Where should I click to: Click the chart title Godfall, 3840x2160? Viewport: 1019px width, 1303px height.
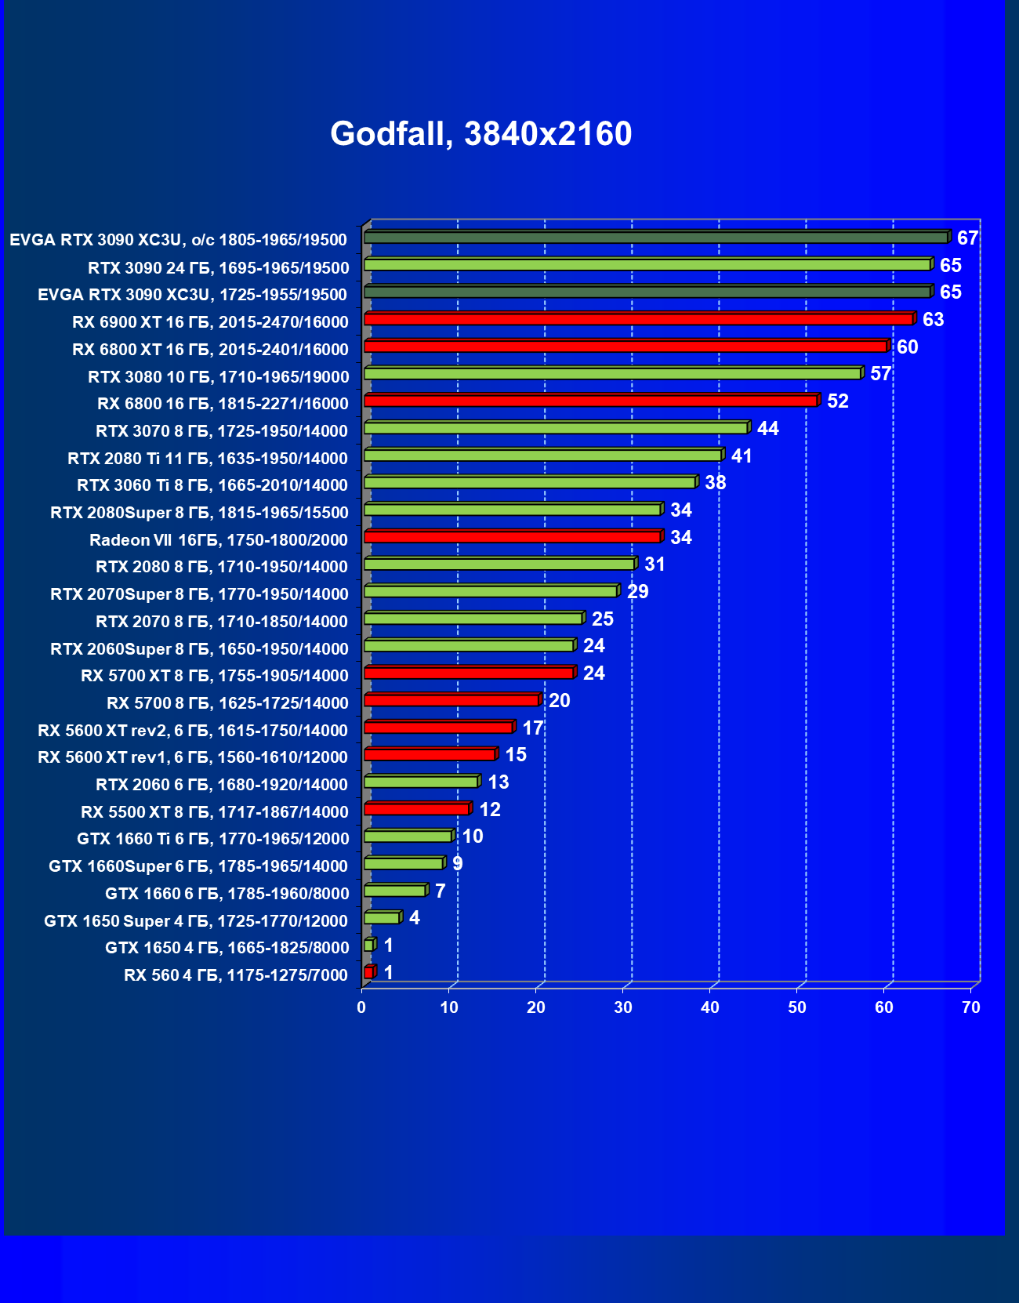tap(480, 134)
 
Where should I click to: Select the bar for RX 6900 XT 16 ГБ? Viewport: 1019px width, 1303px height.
tap(639, 319)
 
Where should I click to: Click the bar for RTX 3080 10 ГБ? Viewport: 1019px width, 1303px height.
tap(613, 373)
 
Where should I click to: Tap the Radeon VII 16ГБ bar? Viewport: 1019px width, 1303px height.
tap(513, 537)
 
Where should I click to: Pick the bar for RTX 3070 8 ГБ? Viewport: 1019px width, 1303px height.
tap(557, 428)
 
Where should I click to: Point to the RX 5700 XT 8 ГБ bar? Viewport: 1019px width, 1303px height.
tap(469, 673)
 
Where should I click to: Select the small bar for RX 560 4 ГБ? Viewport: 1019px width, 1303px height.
tap(369, 972)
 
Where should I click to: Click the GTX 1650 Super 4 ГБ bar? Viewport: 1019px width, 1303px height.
tap(383, 918)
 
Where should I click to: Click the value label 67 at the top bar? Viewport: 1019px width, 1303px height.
tap(967, 238)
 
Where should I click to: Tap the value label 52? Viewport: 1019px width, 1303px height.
tap(837, 401)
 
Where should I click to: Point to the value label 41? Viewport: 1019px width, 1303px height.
tap(741, 456)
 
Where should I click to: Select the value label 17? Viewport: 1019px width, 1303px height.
tap(532, 728)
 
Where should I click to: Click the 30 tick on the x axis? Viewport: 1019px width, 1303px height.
tap(623, 1007)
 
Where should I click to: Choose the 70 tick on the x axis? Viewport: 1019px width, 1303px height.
tap(971, 1007)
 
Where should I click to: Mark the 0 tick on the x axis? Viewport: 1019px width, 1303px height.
tap(361, 1007)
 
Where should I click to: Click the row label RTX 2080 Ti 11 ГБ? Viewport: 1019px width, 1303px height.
tap(208, 459)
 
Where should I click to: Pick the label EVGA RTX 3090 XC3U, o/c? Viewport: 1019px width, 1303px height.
tap(178, 240)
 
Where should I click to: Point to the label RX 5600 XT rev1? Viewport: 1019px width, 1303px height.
tap(193, 757)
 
